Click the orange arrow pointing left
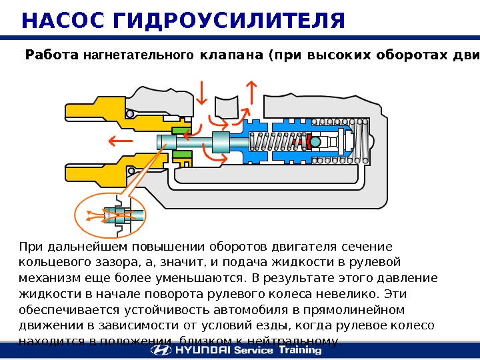(121, 141)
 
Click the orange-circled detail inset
(110, 215)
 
